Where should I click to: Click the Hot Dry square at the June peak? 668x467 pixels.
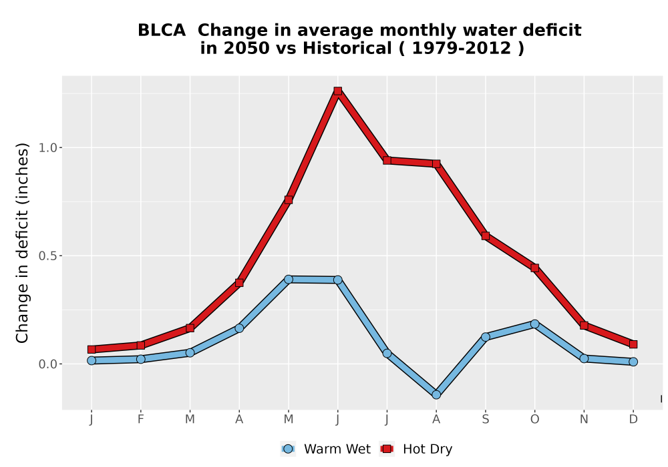338,91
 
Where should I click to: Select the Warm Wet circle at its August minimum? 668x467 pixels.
436,395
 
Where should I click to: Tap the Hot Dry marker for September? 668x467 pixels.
486,236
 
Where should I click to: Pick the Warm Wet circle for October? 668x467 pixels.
534,324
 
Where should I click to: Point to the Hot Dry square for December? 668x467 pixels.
633,344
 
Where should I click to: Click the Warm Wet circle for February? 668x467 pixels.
140,359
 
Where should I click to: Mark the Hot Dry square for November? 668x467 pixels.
584,326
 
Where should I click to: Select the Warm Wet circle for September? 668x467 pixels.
486,337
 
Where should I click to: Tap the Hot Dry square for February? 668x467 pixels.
140,346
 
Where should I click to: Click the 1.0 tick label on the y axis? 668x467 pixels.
47,148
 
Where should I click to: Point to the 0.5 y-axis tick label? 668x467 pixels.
47,256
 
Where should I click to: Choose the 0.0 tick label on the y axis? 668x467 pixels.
47,364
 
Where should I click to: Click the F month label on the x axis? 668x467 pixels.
140,420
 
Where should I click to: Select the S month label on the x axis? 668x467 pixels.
486,420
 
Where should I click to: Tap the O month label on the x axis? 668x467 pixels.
534,420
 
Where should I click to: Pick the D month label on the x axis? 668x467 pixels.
633,420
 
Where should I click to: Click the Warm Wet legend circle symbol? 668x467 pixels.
288,449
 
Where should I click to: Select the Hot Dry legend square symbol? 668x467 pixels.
387,449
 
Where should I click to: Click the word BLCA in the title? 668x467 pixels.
162,31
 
